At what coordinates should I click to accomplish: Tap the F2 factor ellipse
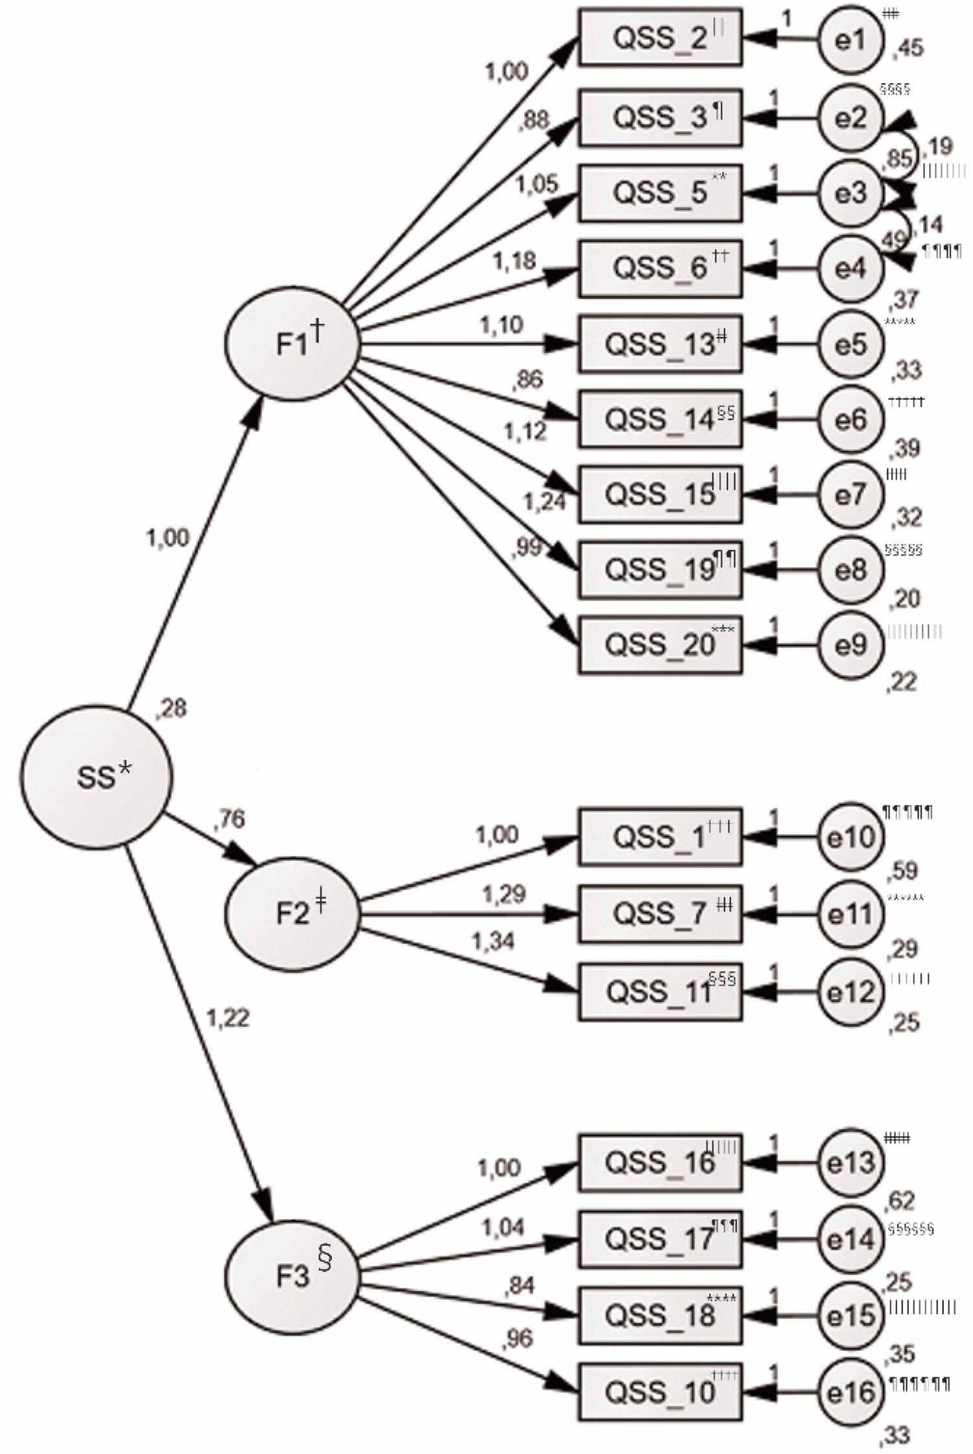292,913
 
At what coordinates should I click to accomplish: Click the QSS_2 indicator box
660,38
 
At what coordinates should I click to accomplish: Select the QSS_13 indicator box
660,344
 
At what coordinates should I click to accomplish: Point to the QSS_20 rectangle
660,646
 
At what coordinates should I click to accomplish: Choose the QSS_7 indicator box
660,914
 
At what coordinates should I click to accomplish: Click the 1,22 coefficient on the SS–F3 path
228,1017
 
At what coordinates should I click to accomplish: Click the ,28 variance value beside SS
172,709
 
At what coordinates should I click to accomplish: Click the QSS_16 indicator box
660,1162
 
